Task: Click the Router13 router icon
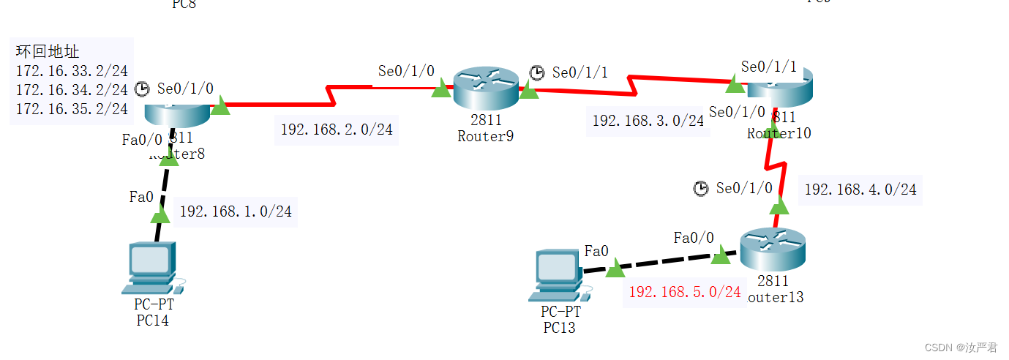(x=772, y=251)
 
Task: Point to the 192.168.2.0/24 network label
(x=337, y=130)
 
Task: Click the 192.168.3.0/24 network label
(x=648, y=121)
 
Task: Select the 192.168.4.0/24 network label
(x=860, y=190)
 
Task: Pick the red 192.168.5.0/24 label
(x=685, y=292)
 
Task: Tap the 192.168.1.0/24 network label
(x=236, y=211)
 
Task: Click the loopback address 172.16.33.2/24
(x=72, y=71)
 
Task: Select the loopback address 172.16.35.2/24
(x=72, y=109)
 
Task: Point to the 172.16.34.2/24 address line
(x=72, y=90)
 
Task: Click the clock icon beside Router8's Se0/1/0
(x=142, y=89)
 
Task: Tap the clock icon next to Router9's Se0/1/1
(x=537, y=72)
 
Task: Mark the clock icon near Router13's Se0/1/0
(x=701, y=189)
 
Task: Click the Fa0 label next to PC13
(x=596, y=251)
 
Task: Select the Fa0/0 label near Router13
(x=694, y=237)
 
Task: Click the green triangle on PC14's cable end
(x=160, y=214)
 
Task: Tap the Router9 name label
(x=485, y=135)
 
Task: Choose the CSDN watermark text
(x=961, y=348)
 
